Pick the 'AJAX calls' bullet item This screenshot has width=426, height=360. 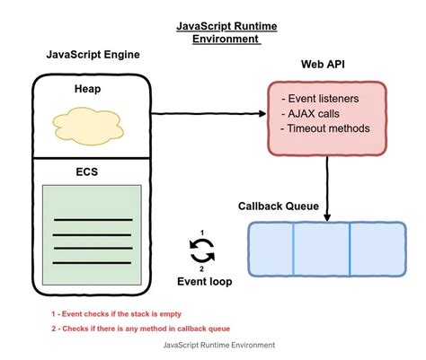click(x=314, y=112)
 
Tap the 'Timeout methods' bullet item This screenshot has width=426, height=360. click(x=326, y=128)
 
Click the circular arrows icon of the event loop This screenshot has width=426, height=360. click(x=202, y=250)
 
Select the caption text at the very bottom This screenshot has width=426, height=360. click(x=219, y=345)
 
